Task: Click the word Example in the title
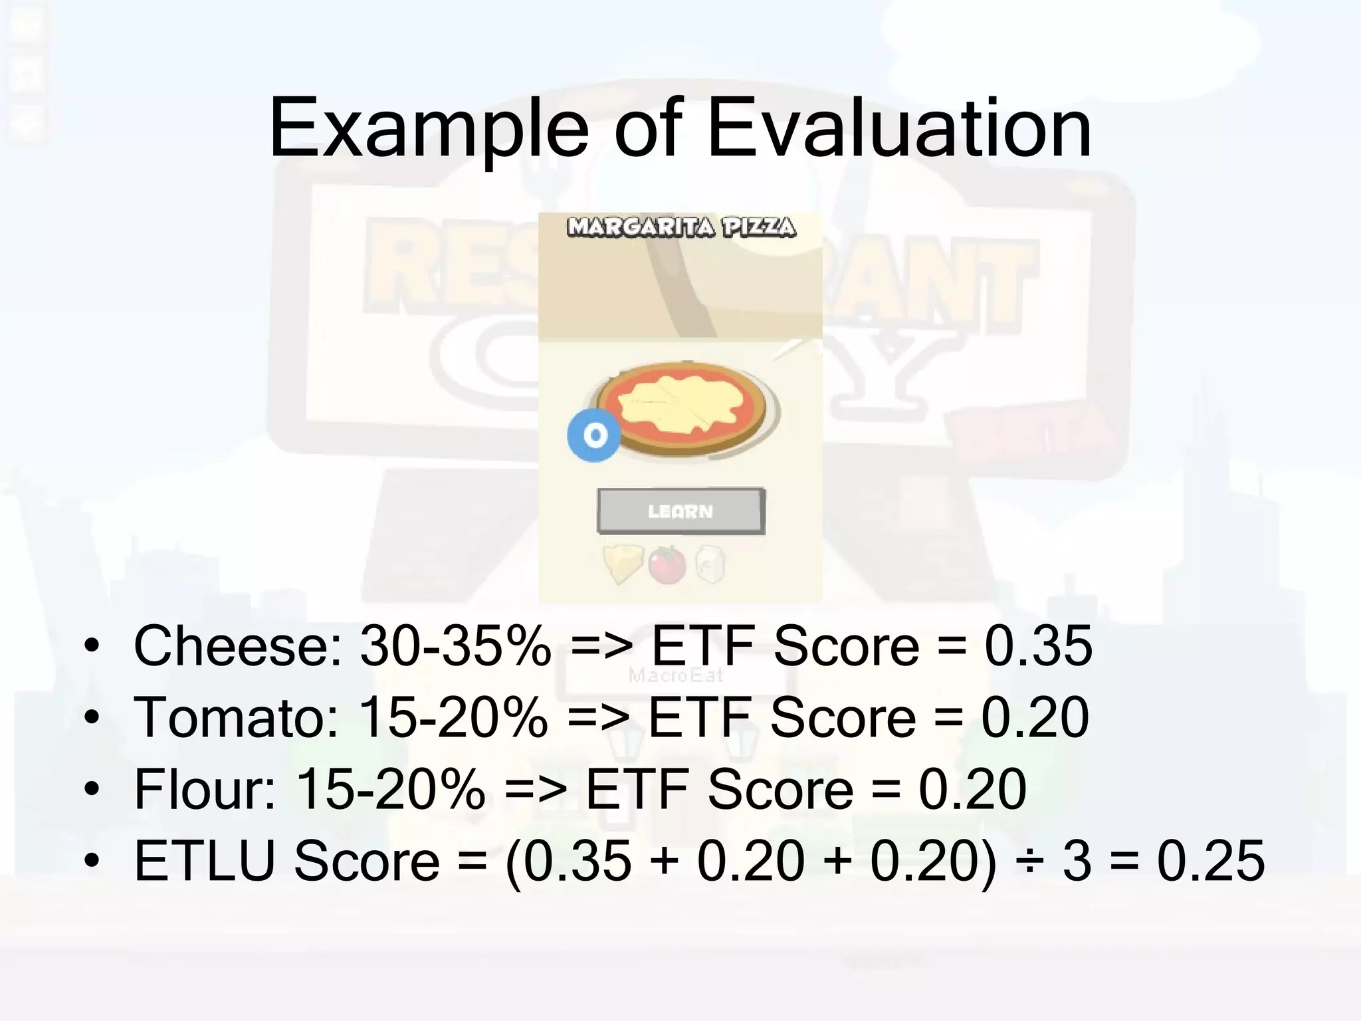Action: point(429,130)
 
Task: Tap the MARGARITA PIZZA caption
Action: point(681,228)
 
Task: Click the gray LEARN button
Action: point(681,511)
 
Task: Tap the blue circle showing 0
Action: point(594,435)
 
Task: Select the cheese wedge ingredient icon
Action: point(623,564)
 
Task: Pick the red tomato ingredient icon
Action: point(667,564)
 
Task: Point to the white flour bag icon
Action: point(709,565)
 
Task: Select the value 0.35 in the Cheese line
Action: point(1038,646)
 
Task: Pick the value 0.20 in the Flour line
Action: point(972,790)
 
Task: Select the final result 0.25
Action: point(1210,861)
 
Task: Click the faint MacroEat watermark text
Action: point(676,676)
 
